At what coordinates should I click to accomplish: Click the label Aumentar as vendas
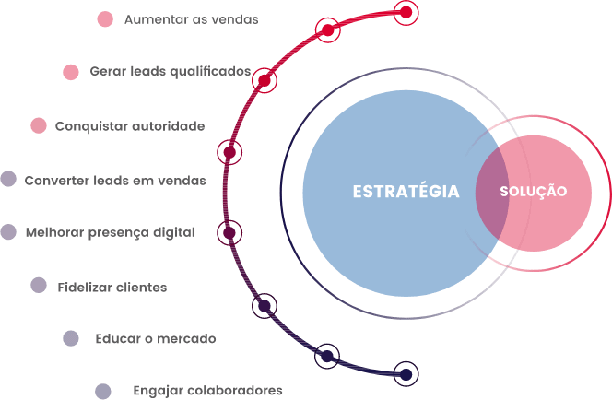[x=191, y=18]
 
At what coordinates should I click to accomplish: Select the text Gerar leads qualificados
[x=170, y=71]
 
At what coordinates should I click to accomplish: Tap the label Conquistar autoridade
[x=130, y=126]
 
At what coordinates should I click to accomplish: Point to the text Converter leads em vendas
[x=115, y=181]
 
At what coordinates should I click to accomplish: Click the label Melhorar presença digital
[x=110, y=232]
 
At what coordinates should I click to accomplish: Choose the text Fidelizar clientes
[x=112, y=287]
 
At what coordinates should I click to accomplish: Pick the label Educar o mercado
[x=155, y=338]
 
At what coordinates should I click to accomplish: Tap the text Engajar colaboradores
[x=207, y=390]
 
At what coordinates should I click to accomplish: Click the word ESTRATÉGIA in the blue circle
[x=406, y=192]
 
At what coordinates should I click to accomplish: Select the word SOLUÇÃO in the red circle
[x=533, y=192]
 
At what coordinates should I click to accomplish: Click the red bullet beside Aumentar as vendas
[x=105, y=18]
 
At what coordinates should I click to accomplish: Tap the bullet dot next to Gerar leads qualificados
[x=71, y=72]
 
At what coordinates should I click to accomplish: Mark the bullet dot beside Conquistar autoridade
[x=38, y=126]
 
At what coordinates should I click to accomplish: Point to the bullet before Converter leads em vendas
[x=8, y=180]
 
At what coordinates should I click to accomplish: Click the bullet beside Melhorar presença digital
[x=8, y=232]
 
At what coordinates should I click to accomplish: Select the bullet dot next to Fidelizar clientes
[x=39, y=286]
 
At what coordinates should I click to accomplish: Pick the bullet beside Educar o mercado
[x=71, y=338]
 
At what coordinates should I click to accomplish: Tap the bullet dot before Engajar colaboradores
[x=103, y=391]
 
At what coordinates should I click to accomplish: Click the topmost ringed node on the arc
[x=406, y=12]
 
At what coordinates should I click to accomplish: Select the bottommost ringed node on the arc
[x=405, y=373]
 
